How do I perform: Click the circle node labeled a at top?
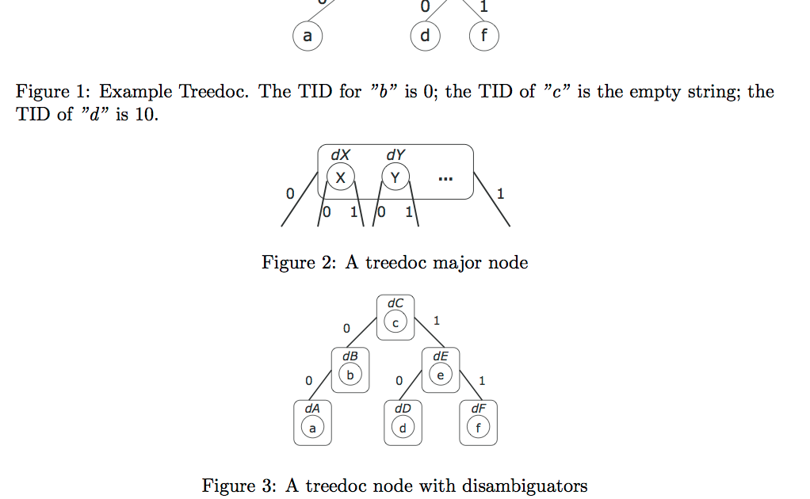click(x=308, y=36)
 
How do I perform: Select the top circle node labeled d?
click(x=426, y=36)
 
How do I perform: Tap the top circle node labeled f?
click(x=484, y=36)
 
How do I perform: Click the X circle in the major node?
click(x=341, y=179)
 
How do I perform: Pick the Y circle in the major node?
click(x=395, y=179)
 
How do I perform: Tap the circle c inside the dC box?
click(x=395, y=322)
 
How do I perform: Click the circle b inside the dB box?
click(x=350, y=375)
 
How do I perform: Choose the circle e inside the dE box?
click(x=441, y=375)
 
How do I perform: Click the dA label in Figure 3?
click(x=312, y=408)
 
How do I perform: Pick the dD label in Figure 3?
click(x=402, y=408)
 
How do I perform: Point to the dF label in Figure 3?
click(x=478, y=408)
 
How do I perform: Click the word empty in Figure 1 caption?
click(x=651, y=92)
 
